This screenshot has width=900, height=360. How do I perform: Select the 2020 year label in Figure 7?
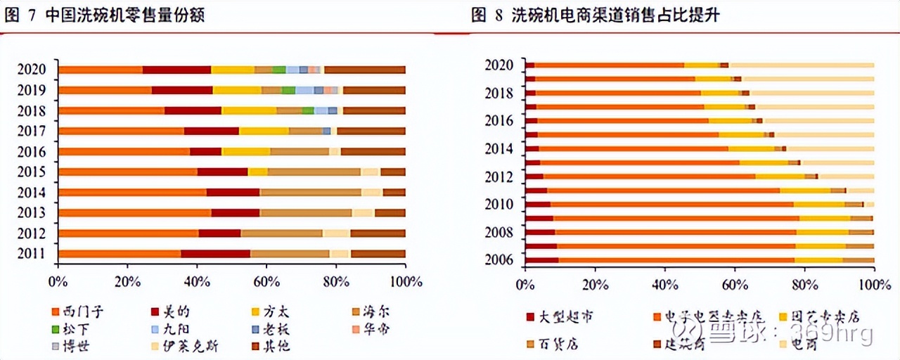click(32, 69)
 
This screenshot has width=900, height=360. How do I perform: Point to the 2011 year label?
click(32, 254)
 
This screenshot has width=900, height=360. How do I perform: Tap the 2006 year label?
click(499, 259)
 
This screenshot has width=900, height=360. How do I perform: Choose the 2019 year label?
click(32, 90)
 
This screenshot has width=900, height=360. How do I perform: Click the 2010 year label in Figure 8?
click(499, 204)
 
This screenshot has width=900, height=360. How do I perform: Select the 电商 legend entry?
click(801, 344)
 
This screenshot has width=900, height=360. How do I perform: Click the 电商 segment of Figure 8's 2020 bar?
click(802, 65)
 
